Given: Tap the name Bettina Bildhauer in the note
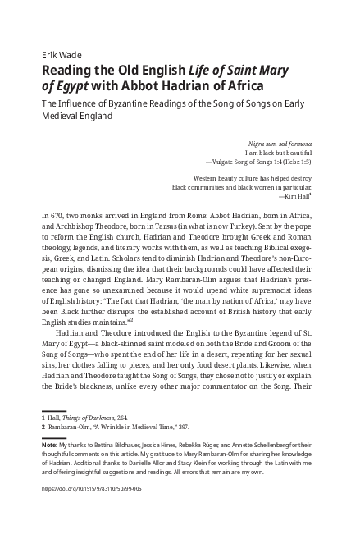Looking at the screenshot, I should coord(117,467).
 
